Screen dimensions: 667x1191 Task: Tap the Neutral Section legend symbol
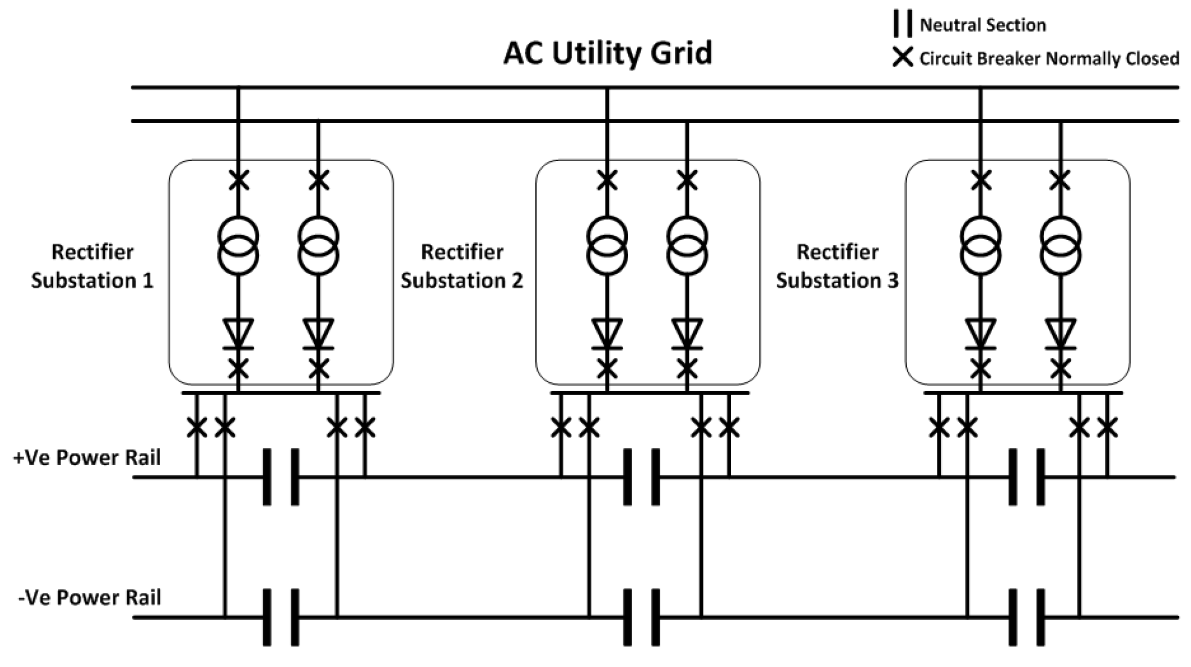(902, 24)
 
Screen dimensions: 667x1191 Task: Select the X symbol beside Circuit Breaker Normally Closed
(902, 58)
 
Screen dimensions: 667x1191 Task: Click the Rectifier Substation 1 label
(92, 266)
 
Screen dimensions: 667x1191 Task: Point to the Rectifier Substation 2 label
(461, 266)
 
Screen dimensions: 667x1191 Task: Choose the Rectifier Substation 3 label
(836, 266)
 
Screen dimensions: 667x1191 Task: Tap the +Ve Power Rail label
(87, 458)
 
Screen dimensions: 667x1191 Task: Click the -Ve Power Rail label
(89, 598)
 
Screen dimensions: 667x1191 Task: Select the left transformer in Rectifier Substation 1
(238, 246)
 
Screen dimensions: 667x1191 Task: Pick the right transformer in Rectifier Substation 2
(687, 246)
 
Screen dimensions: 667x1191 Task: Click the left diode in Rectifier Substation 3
(980, 334)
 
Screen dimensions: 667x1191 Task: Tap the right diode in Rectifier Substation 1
(319, 334)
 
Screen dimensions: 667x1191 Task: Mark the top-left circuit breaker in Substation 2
(607, 180)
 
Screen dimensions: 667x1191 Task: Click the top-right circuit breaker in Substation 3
(1060, 180)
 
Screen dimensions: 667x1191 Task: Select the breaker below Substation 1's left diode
(238, 368)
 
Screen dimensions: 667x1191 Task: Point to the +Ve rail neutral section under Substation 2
(641, 477)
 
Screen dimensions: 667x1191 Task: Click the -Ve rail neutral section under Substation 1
(281, 617)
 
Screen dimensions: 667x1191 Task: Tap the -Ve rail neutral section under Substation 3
(1026, 617)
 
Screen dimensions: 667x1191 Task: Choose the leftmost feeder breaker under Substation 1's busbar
(197, 427)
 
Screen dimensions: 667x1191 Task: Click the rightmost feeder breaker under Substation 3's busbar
(1107, 427)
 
